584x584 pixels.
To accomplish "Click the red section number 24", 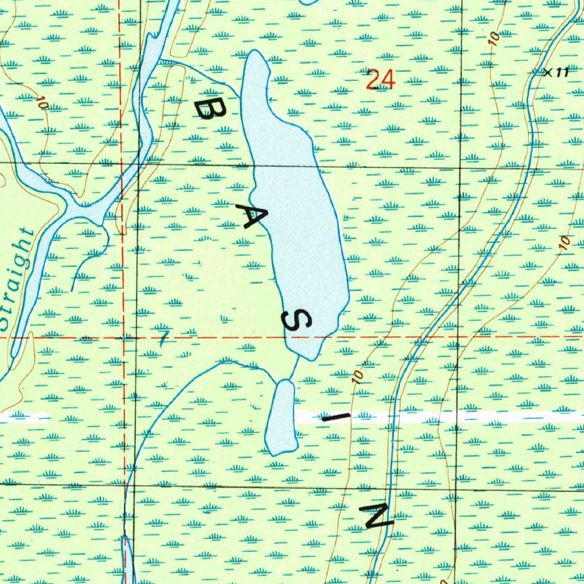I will tap(380, 79).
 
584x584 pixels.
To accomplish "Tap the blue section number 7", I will tap(164, 338).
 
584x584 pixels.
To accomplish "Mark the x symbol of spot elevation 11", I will tap(546, 72).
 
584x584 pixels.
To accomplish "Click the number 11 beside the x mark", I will tap(563, 72).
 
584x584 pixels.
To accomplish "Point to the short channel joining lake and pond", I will tap(294, 370).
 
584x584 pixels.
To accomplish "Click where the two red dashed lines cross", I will tap(123, 338).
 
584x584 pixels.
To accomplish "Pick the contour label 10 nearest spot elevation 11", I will tap(494, 39).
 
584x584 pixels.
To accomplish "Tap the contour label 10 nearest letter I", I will tap(358, 375).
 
